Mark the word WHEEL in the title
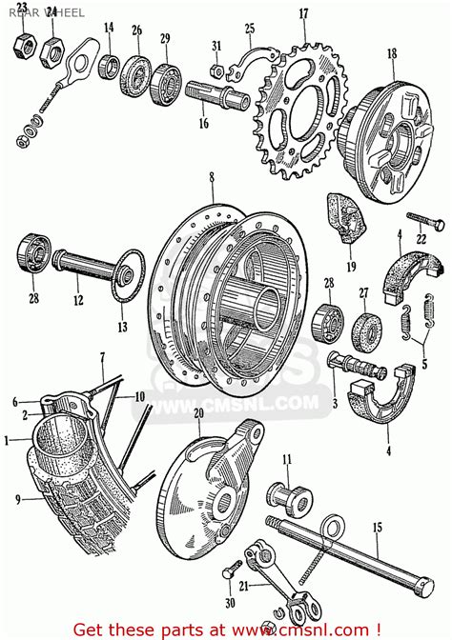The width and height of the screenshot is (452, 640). (x=67, y=14)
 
